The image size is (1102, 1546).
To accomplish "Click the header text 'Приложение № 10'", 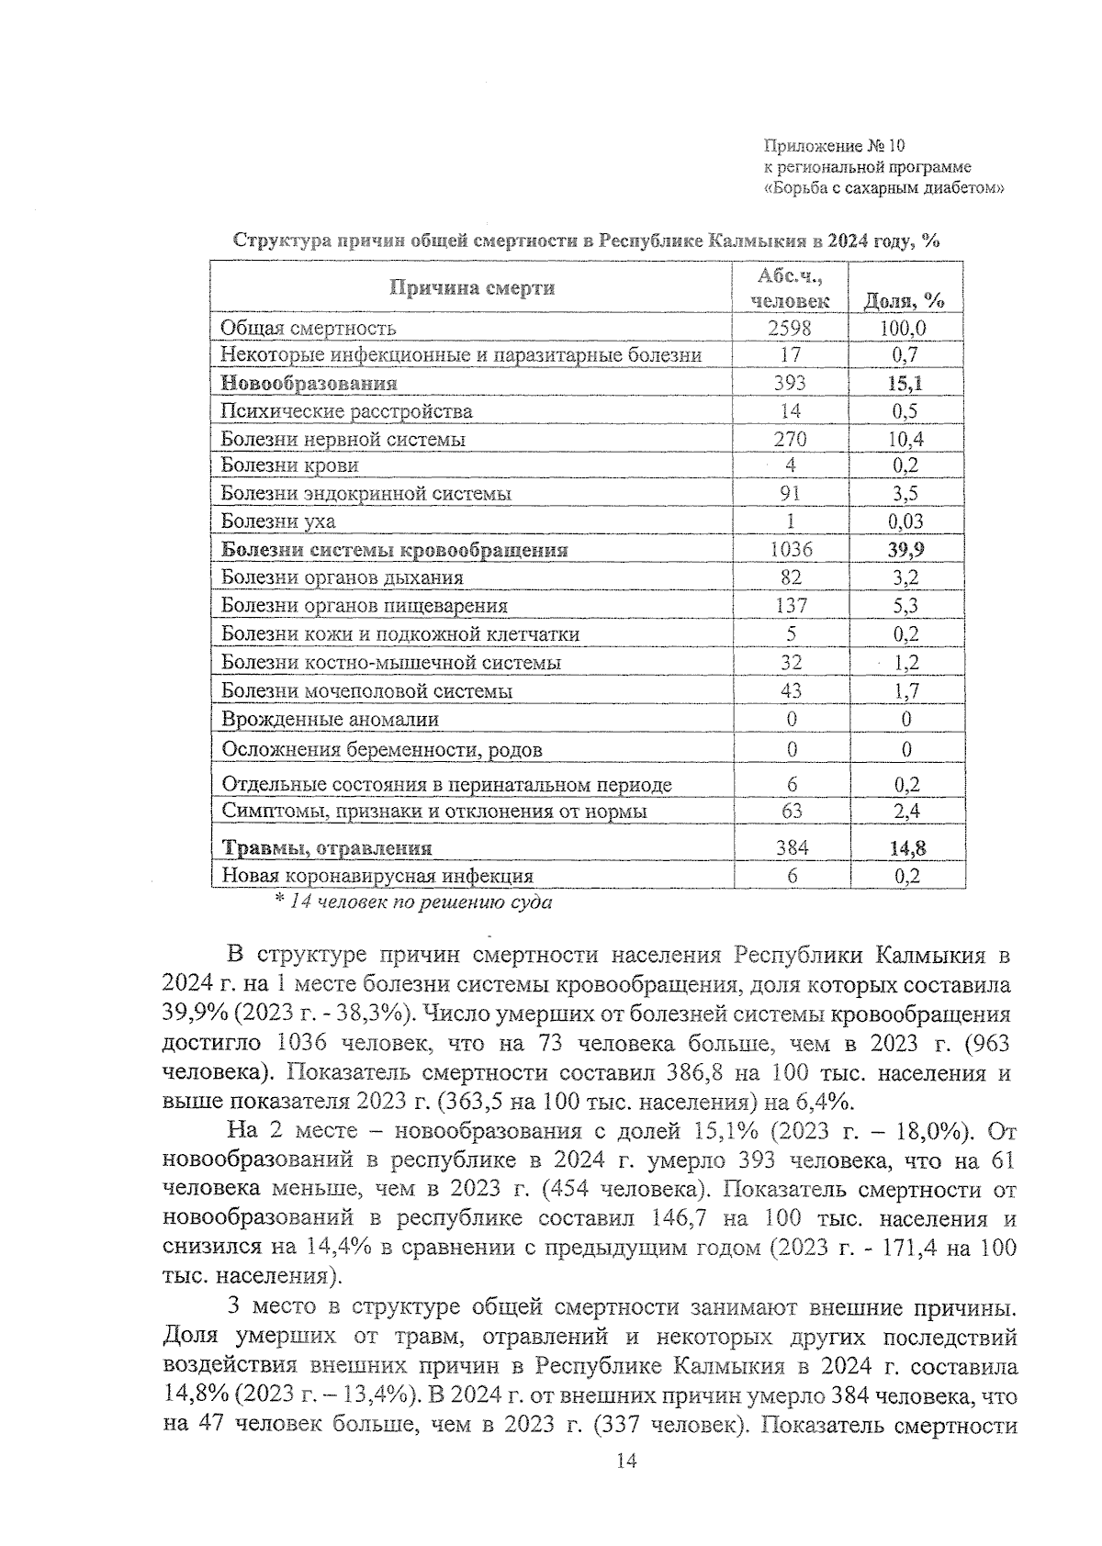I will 834,146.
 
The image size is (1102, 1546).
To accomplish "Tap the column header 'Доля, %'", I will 905,300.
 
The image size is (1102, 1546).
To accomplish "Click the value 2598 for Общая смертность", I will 791,328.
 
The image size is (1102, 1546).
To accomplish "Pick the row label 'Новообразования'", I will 309,383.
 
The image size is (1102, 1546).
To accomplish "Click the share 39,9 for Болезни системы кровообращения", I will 905,550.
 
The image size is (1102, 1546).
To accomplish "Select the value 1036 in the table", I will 791,550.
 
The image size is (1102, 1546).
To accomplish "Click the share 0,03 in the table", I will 905,521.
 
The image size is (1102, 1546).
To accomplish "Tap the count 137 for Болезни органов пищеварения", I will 791,605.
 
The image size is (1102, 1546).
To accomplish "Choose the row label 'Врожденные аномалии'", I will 330,720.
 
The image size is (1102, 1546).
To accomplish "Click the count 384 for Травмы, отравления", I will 791,848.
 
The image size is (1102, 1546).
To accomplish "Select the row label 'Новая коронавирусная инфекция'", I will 377,876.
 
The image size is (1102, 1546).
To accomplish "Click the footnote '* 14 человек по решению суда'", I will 414,902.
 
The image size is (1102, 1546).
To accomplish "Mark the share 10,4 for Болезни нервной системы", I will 905,439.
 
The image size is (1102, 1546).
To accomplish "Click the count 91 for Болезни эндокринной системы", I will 791,494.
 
